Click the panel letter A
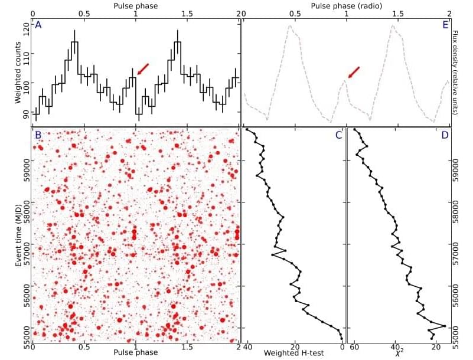pyautogui.click(x=38, y=25)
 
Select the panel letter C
pyautogui.click(x=338, y=135)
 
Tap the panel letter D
pyautogui.click(x=445, y=135)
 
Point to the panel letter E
pyautogui.click(x=445, y=25)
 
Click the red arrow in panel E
pyautogui.click(x=353, y=72)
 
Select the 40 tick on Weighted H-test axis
pyautogui.click(x=248, y=347)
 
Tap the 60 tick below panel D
pyautogui.click(x=355, y=347)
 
